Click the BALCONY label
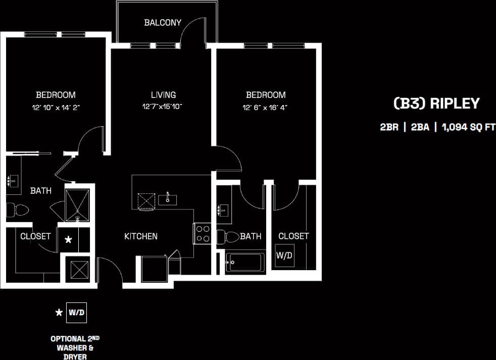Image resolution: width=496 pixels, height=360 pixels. point(163,22)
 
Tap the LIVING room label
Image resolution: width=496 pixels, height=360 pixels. point(163,95)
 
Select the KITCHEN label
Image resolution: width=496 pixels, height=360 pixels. point(141,236)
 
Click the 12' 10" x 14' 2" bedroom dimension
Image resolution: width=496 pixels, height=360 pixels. point(56,108)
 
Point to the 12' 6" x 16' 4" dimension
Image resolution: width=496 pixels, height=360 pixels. point(266,108)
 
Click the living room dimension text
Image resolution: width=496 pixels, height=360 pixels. point(162,107)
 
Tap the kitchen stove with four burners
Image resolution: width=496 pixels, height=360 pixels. point(203,233)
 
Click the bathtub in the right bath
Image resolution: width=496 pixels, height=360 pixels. point(244,263)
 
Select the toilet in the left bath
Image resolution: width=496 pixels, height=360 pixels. point(17,210)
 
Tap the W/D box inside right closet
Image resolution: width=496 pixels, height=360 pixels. point(284,255)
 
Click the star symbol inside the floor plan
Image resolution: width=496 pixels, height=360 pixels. point(69,240)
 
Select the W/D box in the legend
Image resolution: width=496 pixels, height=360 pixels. point(77,313)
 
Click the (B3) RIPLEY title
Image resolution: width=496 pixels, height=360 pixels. point(436,104)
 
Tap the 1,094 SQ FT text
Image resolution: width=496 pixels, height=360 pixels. point(469,127)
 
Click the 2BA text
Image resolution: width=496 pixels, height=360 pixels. point(420,127)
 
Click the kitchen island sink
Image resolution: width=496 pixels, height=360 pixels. point(167,199)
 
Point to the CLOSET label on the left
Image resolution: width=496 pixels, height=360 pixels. point(35,236)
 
